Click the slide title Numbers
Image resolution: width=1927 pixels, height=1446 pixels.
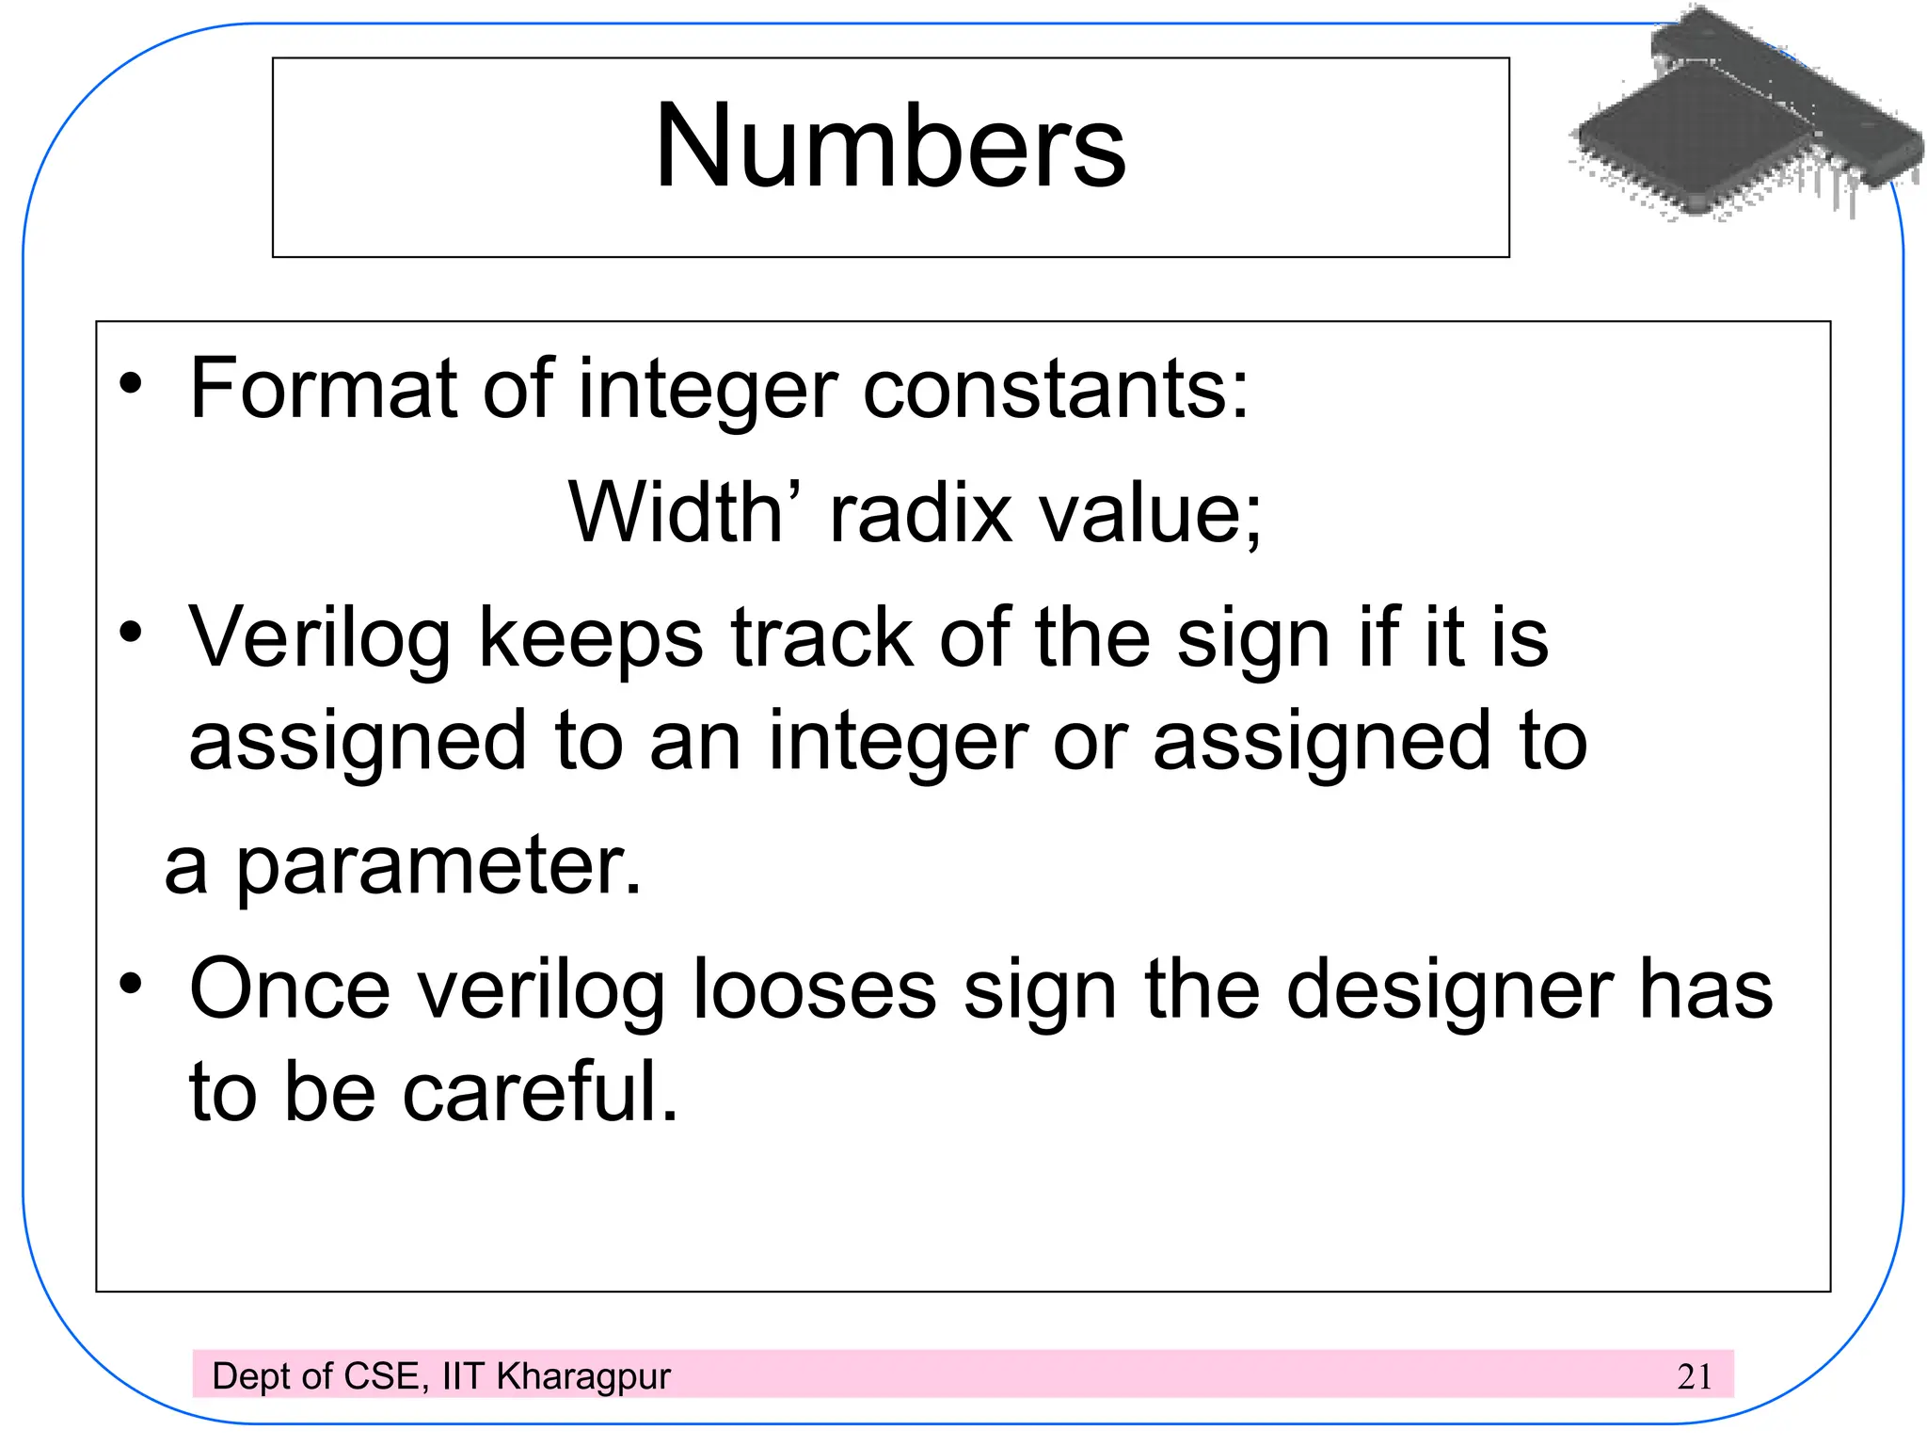[889, 146]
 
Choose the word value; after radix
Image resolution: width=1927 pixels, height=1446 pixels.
[1149, 514]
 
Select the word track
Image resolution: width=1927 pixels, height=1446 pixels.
[821, 638]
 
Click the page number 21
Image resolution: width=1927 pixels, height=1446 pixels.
[1694, 1377]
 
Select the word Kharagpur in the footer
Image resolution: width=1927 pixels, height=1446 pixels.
[583, 1377]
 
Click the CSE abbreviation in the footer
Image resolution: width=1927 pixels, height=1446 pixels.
[382, 1376]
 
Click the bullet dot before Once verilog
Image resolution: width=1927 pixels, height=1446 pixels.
[131, 985]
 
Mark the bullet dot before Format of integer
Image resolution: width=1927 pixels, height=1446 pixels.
[131, 384]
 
